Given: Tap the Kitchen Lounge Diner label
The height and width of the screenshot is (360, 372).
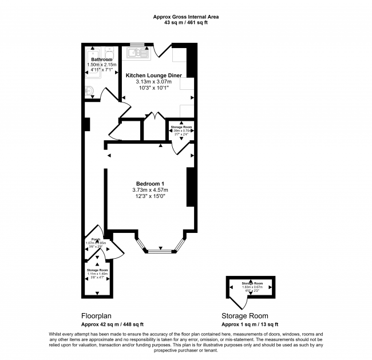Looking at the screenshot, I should (153, 75).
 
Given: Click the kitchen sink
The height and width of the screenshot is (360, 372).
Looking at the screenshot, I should (135, 54).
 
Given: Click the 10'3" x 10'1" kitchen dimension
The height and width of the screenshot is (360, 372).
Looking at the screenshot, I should (153, 88).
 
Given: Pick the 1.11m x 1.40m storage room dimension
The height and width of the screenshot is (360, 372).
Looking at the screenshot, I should (97, 274).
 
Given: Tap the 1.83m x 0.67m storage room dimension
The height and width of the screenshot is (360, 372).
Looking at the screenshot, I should (252, 287).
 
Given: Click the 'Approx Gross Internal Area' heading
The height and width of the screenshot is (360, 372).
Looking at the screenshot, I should (186, 17).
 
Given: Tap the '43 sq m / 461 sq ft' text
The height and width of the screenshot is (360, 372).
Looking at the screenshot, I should (186, 23).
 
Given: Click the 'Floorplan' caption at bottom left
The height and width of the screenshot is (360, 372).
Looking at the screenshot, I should (96, 315).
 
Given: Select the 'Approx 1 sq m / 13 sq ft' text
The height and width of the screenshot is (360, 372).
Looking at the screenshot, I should (251, 325).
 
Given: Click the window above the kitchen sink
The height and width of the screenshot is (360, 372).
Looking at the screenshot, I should (137, 45).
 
